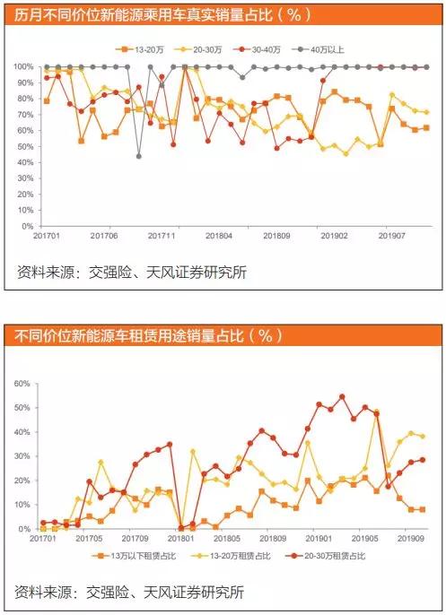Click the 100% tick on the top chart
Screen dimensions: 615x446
pos(23,67)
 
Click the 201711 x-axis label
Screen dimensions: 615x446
pos(162,235)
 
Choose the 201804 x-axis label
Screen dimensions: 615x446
pos(220,235)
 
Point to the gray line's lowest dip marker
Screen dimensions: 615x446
pos(139,156)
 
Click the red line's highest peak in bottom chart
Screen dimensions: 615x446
pos(342,396)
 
